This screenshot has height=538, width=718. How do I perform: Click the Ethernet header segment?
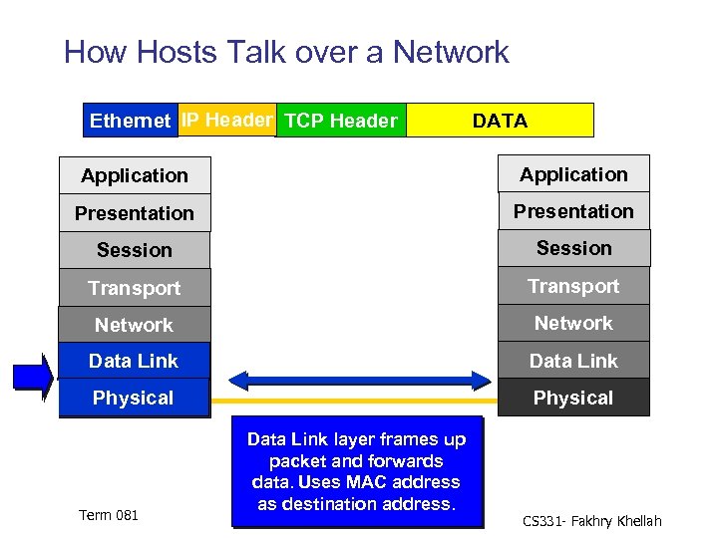click(x=130, y=121)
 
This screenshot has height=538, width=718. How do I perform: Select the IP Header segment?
click(x=226, y=120)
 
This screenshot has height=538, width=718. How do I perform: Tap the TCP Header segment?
click(x=340, y=121)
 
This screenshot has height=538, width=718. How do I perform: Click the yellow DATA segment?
click(x=501, y=121)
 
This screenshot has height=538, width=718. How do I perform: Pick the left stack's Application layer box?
click(x=135, y=175)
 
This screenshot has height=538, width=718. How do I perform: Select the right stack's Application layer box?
click(x=573, y=174)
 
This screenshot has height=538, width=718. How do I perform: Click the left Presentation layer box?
click(x=135, y=213)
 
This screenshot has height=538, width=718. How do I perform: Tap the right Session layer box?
click(x=573, y=248)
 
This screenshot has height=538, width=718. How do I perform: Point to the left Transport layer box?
click(x=135, y=288)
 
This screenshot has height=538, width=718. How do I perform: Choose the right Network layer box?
click(x=573, y=323)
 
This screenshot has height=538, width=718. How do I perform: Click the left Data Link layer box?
click(x=135, y=361)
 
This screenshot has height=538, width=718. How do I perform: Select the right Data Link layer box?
click(x=573, y=361)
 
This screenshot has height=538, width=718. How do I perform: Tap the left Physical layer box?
click(x=135, y=398)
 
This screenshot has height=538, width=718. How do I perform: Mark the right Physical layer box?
click(x=573, y=398)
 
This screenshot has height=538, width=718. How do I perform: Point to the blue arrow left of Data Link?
click(x=32, y=377)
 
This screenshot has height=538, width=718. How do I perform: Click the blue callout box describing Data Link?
click(x=356, y=471)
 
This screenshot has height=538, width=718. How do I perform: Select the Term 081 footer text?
click(x=109, y=515)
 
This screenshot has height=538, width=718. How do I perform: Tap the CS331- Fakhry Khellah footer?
click(x=592, y=521)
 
